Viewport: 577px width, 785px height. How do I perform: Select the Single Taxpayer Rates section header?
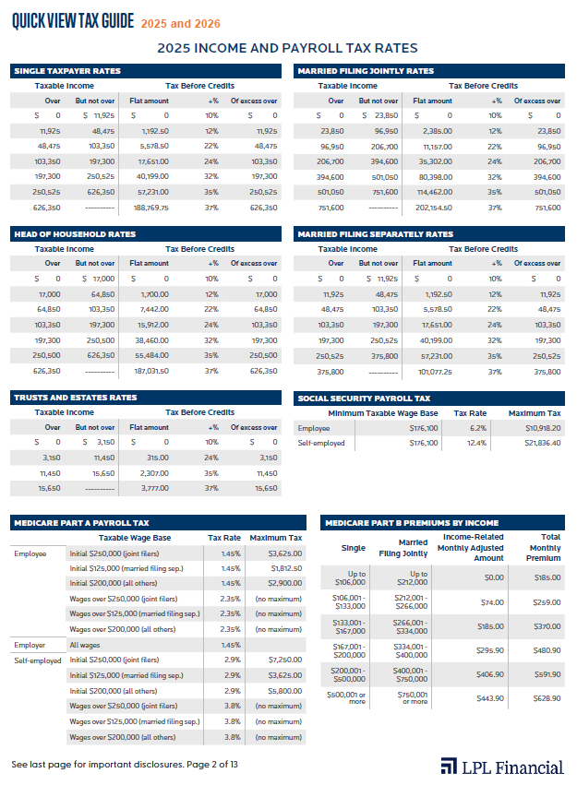pos(66,71)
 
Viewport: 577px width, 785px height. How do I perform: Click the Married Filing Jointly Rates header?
pos(365,71)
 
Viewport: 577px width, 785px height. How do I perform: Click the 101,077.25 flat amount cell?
pos(434,371)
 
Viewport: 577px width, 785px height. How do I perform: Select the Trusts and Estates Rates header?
pos(75,398)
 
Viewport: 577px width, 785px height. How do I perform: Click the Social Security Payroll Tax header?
pos(363,398)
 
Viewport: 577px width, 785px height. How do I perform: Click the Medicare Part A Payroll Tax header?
pos(81,523)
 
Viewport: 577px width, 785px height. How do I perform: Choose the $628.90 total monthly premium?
pos(547,697)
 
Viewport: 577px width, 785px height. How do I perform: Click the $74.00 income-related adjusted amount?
pos(492,601)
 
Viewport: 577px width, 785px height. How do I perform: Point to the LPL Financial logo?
pos(501,766)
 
